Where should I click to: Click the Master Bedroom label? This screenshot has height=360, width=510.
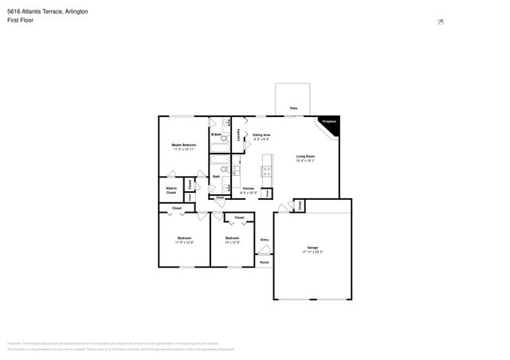(x=182, y=145)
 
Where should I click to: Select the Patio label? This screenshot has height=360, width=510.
(x=293, y=108)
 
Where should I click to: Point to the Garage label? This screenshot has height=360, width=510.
(x=312, y=247)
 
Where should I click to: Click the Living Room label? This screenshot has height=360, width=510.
(x=306, y=156)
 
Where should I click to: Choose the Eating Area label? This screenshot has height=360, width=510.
(x=261, y=135)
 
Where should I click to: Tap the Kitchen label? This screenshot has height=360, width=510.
(x=249, y=189)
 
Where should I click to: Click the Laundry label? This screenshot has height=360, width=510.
(x=238, y=135)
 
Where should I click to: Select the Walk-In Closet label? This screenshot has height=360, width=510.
(x=171, y=190)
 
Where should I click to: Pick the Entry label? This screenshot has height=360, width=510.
(x=264, y=240)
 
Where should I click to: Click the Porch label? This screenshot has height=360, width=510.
(x=264, y=262)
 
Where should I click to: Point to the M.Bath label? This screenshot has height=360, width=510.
(x=216, y=135)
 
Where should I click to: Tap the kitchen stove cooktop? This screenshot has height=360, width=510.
(x=266, y=170)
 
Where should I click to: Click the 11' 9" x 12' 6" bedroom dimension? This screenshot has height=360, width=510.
(x=183, y=243)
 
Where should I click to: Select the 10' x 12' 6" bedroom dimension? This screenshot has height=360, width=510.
(x=232, y=243)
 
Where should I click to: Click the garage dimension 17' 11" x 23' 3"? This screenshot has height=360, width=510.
(x=312, y=252)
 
